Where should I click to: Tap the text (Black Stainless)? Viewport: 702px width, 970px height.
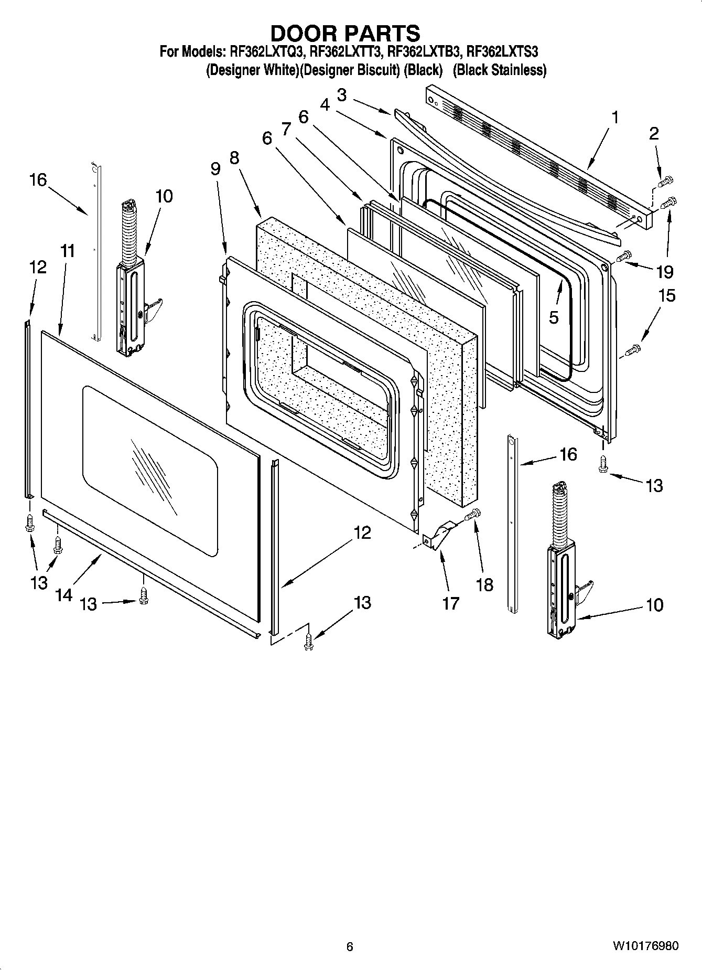click(500, 70)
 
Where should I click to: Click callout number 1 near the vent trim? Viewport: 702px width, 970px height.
click(615, 118)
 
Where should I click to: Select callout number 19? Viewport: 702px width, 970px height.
click(664, 272)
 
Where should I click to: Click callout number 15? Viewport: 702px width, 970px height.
click(667, 296)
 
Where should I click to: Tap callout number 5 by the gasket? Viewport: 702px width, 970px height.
click(554, 317)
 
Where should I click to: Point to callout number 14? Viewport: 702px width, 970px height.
click(63, 595)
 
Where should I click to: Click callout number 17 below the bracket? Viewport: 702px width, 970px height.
click(450, 603)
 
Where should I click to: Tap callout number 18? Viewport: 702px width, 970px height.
click(484, 584)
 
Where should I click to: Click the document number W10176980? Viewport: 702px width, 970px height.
click(645, 946)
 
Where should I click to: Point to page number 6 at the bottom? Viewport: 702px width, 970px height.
click(350, 946)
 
